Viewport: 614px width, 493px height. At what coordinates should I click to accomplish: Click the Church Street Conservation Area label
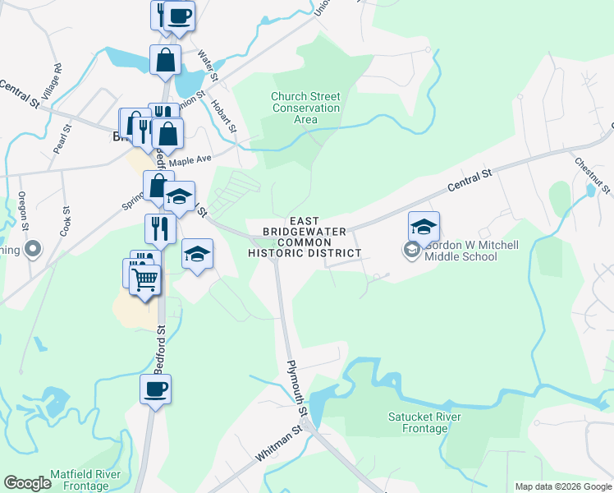tap(305, 108)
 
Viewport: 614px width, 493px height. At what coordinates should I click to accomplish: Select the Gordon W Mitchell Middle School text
tap(460, 251)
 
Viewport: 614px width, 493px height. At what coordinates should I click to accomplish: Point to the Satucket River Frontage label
tap(424, 422)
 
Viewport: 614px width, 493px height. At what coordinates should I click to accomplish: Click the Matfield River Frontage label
tap(85, 481)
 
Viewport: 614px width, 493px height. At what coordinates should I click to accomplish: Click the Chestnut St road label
tap(592, 176)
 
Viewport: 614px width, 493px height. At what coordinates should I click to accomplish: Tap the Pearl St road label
tap(59, 140)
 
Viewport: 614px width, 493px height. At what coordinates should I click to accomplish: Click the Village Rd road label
tap(50, 83)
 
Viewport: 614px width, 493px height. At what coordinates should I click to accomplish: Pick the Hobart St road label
tap(225, 117)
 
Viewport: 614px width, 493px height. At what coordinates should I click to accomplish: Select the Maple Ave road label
tap(190, 159)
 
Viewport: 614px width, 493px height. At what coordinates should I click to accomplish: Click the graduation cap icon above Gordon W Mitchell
tap(424, 226)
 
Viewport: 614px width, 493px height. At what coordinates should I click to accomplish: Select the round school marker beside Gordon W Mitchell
tap(411, 250)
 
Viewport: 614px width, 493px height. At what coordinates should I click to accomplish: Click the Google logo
tap(27, 483)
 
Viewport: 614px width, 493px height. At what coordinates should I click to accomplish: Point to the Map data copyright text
tap(562, 486)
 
